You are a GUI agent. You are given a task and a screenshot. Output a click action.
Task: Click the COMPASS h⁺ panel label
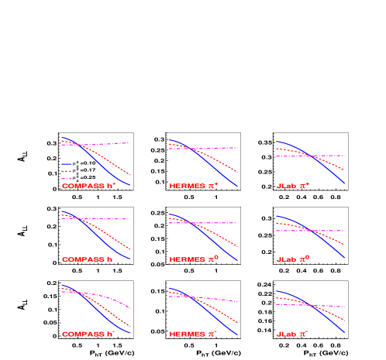[88, 186]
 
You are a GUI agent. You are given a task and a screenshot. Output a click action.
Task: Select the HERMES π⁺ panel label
[195, 186]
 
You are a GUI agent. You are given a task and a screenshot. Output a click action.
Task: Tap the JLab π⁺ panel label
[293, 186]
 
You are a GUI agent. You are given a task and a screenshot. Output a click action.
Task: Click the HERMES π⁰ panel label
[194, 259]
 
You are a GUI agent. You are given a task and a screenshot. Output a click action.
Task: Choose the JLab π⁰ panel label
[293, 259]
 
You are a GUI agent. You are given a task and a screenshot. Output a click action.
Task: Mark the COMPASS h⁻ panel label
[88, 334]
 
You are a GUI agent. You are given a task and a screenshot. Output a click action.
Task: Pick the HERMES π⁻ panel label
[195, 334]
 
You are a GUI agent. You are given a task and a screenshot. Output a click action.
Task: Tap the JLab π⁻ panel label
[293, 334]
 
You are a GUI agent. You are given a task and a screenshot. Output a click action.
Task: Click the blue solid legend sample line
[67, 164]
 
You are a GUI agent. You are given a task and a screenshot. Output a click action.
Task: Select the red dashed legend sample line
[67, 171]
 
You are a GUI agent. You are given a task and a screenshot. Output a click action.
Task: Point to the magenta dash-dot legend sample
[67, 179]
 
